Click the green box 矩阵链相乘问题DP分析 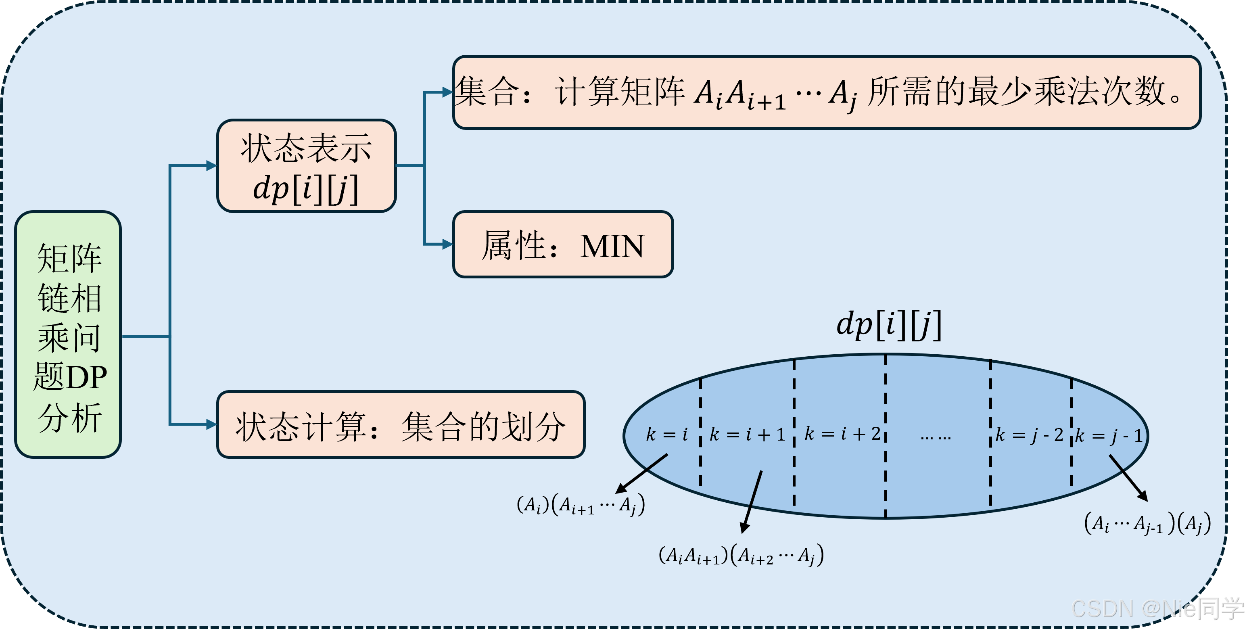[68, 334]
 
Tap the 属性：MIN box [562, 244]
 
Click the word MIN [612, 247]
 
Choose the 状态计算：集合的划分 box [401, 425]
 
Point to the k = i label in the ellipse [666, 435]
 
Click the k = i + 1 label [747, 435]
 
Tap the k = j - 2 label [1029, 435]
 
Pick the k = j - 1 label [1109, 435]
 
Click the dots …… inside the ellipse [935, 437]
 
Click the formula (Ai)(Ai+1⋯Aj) [581, 506]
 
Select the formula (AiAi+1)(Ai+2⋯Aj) [741, 556]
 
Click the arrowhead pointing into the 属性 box [447, 244]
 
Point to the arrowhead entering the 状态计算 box [211, 425]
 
